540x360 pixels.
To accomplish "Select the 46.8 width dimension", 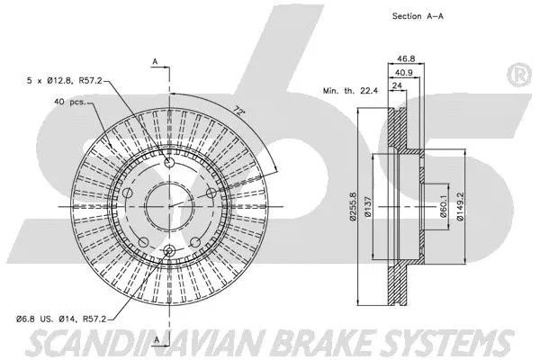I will point(396,56).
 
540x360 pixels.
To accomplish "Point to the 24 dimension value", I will point(395,87).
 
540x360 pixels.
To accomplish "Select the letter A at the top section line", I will point(156,60).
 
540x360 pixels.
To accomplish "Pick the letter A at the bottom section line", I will point(156,338).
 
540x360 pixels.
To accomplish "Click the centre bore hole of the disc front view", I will point(169,204).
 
